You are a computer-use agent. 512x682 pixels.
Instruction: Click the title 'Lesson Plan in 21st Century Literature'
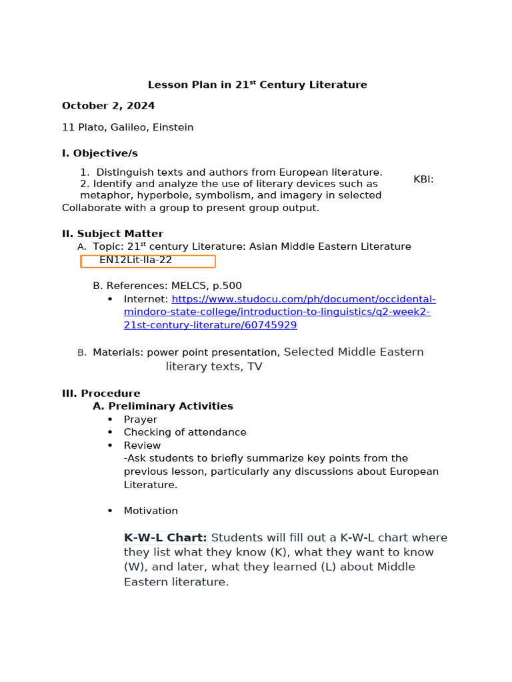point(257,85)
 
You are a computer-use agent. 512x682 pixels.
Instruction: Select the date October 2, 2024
point(108,106)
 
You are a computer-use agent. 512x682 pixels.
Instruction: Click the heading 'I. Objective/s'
point(99,153)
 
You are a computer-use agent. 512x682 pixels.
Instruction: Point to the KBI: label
point(423,179)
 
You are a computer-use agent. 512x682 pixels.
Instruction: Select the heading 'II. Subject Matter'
point(112,234)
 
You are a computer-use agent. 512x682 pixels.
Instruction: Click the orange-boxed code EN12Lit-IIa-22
point(136,260)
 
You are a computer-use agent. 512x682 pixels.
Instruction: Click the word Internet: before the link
point(146,300)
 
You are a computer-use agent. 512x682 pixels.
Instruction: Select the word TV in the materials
point(255,367)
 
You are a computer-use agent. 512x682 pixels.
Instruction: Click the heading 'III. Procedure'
point(101,394)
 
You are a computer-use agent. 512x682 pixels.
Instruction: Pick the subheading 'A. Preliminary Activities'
point(163,406)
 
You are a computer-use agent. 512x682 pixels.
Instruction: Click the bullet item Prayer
point(140,420)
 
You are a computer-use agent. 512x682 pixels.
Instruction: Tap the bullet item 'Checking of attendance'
point(185,432)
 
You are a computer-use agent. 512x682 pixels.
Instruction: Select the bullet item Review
point(142,446)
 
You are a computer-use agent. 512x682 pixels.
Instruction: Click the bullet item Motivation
point(151,511)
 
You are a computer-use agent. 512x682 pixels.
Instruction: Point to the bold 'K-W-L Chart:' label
point(165,537)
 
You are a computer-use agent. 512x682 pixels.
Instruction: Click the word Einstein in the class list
point(173,127)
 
